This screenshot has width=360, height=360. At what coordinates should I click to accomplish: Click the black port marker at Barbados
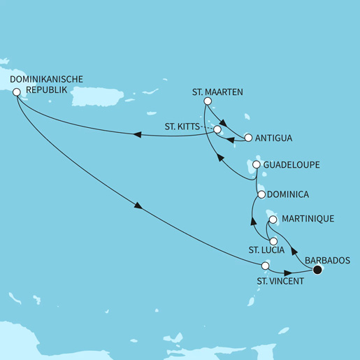(317, 270)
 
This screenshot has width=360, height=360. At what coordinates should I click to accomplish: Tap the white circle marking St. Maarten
(207, 102)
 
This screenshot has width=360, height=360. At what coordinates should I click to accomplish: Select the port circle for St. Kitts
(217, 129)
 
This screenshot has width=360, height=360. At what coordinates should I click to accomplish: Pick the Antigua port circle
(247, 137)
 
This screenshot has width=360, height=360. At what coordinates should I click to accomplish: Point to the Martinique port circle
(273, 219)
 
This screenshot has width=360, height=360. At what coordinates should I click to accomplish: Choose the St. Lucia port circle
(264, 242)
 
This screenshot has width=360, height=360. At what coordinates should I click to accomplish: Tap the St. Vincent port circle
(265, 266)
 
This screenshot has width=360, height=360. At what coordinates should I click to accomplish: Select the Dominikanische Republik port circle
(17, 101)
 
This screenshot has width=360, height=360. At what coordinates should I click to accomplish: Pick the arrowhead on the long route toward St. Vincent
(138, 206)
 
